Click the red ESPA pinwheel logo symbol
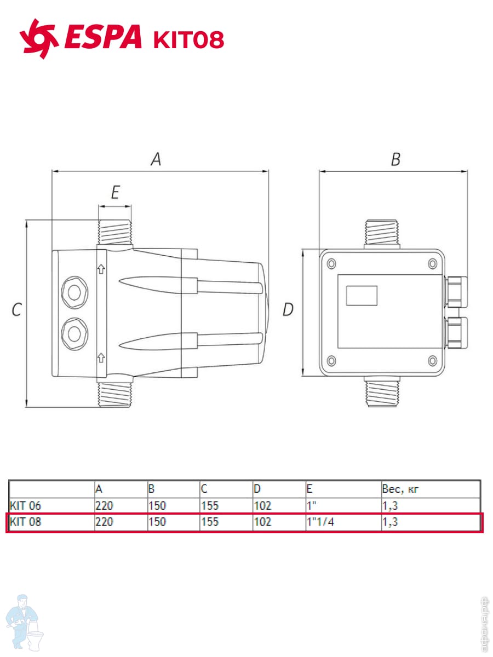tap(39, 39)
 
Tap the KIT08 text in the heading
tap(188, 39)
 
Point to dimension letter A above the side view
tap(156, 159)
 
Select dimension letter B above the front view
tap(395, 159)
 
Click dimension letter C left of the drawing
tap(16, 309)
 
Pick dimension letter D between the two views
tap(288, 309)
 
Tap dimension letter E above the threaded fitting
tap(116, 192)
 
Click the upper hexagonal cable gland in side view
tap(74, 292)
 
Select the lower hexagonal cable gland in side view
tap(74, 334)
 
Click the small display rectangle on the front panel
tap(362, 296)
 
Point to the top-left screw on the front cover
tap(331, 264)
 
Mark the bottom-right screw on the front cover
tap(433, 361)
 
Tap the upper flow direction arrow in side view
tap(101, 269)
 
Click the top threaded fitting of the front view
tap(382, 233)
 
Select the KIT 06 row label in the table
tap(25, 505)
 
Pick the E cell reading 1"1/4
tap(320, 522)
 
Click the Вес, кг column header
tap(400, 489)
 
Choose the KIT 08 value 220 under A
tap(104, 522)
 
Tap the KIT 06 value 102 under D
tap(262, 505)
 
